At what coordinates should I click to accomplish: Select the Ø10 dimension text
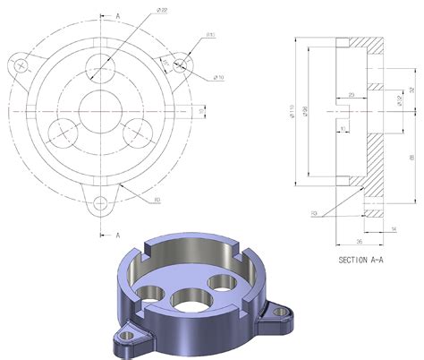click(x=217, y=77)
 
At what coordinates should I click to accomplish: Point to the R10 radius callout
click(x=211, y=35)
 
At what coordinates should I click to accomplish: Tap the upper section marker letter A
click(x=117, y=16)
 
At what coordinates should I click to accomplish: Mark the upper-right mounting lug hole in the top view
click(x=182, y=64)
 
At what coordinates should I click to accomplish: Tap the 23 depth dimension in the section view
click(x=352, y=95)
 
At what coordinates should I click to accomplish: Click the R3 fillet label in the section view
click(x=316, y=213)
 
